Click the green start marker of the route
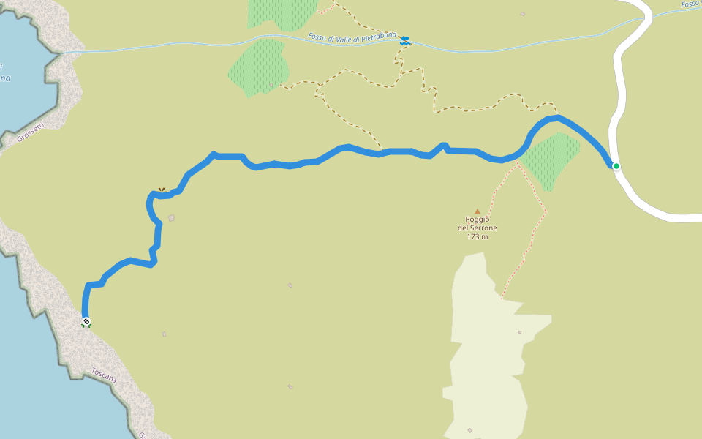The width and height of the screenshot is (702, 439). coord(616,166)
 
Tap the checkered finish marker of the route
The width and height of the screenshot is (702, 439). coord(86,321)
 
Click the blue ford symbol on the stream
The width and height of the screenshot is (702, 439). coord(405,41)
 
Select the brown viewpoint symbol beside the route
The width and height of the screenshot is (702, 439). coord(162,190)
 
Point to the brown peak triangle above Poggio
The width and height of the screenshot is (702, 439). coord(478,211)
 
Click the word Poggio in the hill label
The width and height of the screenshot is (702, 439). coord(478,219)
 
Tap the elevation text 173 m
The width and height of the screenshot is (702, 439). coord(478,237)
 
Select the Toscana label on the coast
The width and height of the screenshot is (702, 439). coord(103,375)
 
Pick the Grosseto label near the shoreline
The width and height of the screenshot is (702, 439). coord(29,134)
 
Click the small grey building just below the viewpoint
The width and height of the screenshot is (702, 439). coord(171,217)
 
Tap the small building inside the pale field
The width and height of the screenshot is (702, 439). coord(520,331)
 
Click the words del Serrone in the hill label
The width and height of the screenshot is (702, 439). coord(478,228)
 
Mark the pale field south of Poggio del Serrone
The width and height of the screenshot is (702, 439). coord(486,344)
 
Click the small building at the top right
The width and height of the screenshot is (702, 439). coord(522,13)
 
